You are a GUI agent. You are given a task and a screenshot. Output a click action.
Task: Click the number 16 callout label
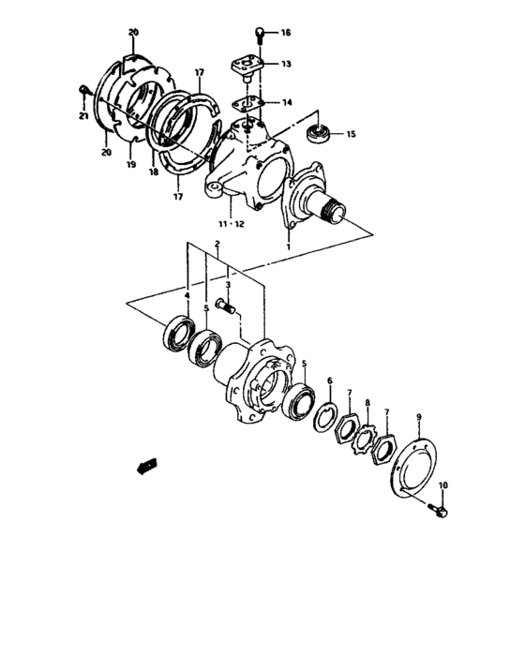click(285, 33)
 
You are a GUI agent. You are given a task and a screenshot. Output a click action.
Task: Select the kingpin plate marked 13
click(247, 65)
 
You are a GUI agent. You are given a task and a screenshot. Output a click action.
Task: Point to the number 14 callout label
click(285, 103)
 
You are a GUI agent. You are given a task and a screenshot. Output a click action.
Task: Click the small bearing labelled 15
click(319, 132)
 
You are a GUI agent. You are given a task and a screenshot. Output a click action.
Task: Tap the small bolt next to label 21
click(85, 92)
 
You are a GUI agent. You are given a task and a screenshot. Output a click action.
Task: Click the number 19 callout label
click(130, 164)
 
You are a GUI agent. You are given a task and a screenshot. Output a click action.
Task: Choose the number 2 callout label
click(217, 245)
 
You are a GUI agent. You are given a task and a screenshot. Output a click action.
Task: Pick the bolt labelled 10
click(439, 511)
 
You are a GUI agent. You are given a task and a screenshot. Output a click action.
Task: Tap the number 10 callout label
click(444, 485)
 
